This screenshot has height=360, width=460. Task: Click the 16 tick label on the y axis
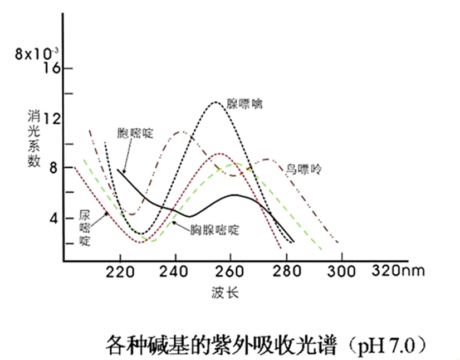pyautogui.click(x=50, y=69)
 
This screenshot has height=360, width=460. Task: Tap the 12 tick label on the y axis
pyautogui.click(x=50, y=119)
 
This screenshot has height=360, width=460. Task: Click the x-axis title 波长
pyautogui.click(x=225, y=292)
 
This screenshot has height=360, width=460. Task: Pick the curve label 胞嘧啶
pyautogui.click(x=135, y=133)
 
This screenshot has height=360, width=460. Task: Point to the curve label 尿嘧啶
pyautogui.click(x=84, y=229)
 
